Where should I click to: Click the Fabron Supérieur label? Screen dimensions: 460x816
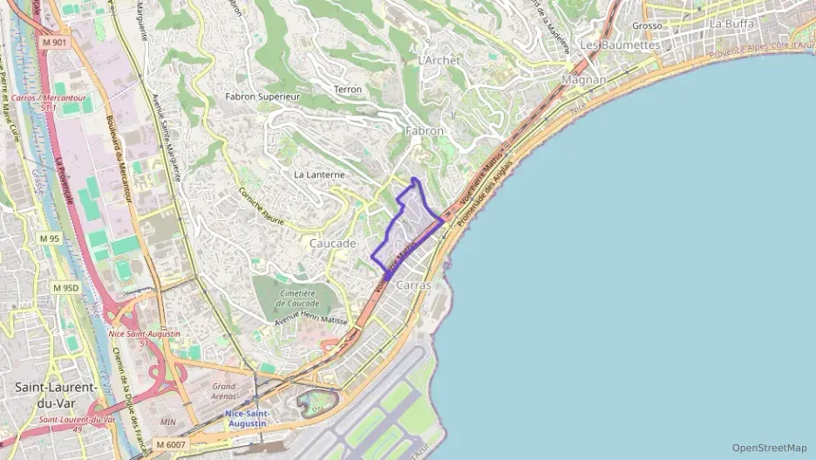(x=262, y=97)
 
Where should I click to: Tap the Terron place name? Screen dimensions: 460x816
(x=347, y=90)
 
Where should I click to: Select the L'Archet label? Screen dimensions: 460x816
(x=439, y=60)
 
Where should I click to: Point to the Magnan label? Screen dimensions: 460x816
(x=585, y=79)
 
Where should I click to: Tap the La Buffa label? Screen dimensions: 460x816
(x=731, y=24)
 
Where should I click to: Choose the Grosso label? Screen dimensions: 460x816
(x=671, y=26)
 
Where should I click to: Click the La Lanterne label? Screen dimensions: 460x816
(x=319, y=175)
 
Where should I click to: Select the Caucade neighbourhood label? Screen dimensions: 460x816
(x=332, y=244)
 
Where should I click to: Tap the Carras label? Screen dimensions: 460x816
(x=413, y=285)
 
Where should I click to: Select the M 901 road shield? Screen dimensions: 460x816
(x=53, y=42)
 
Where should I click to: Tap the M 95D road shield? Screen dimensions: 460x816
(x=65, y=288)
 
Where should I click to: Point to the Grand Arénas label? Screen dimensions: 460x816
(x=224, y=391)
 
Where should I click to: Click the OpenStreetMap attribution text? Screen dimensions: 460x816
(x=769, y=448)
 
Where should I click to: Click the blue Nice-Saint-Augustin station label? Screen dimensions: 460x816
(x=247, y=418)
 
